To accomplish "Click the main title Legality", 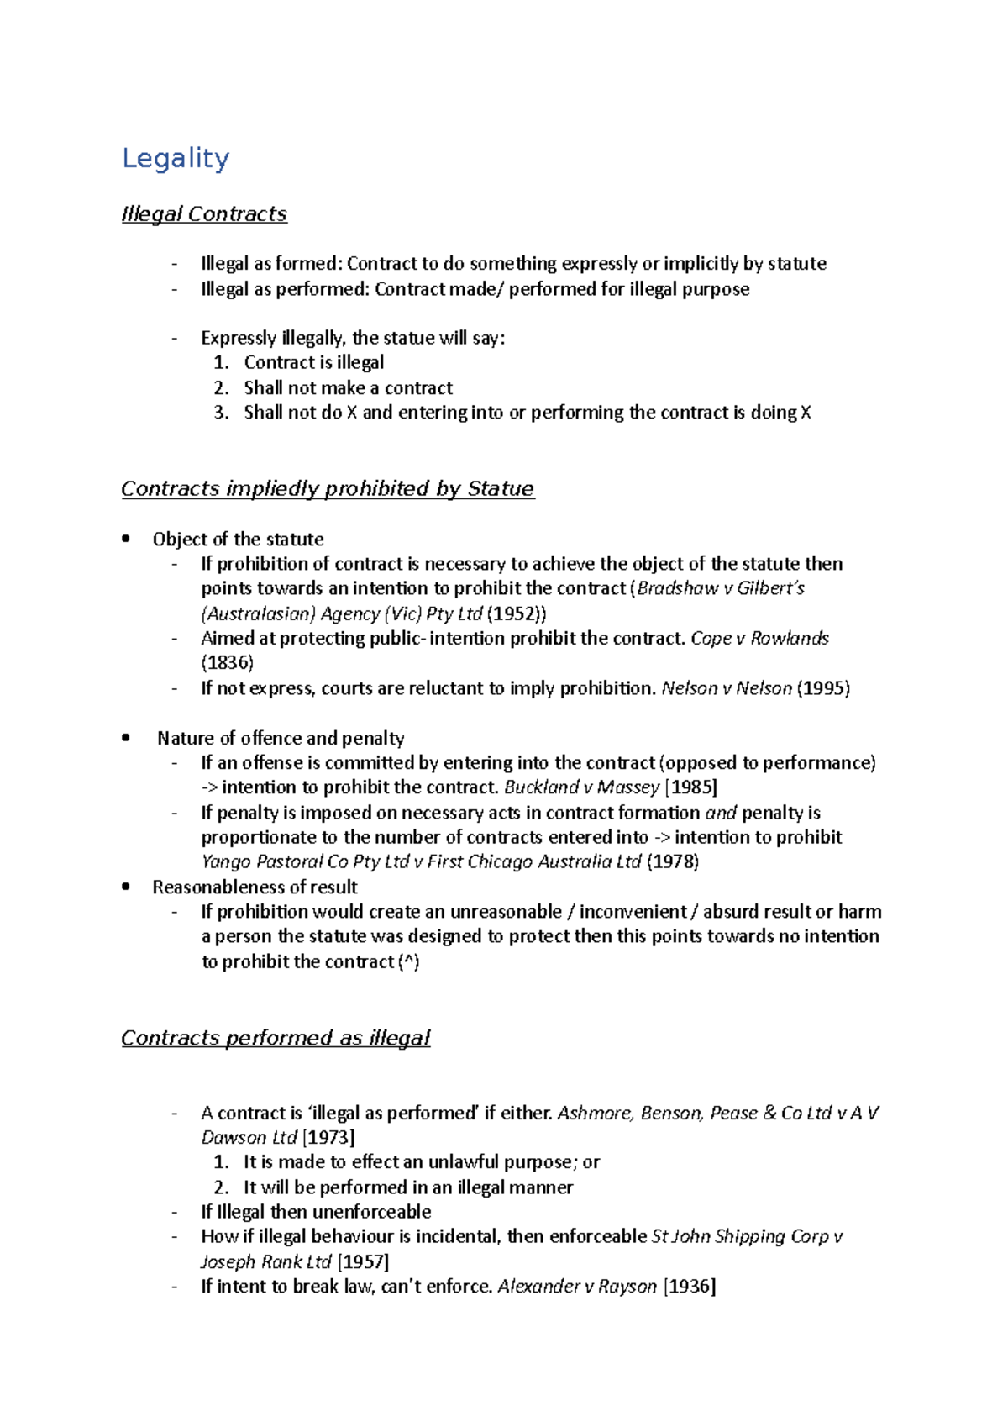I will click(176, 158).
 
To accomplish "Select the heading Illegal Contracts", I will click(204, 214).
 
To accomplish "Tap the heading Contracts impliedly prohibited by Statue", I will click(328, 489).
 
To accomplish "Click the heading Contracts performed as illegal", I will click(276, 1038).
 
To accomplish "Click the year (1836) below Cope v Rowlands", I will click(228, 662).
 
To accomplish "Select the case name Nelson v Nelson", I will click(727, 688).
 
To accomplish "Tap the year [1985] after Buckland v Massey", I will click(690, 787).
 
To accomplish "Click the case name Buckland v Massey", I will click(581, 787).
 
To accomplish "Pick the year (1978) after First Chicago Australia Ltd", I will click(672, 861).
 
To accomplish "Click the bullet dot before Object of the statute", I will click(126, 539).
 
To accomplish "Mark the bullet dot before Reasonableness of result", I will click(126, 887).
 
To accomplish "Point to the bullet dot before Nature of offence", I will click(126, 738).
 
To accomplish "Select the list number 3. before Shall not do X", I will click(221, 413).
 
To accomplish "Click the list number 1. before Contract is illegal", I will click(221, 363).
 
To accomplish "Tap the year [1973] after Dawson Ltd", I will click(328, 1138).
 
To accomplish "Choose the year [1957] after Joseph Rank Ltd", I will click(363, 1262).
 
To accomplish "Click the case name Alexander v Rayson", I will click(577, 1287).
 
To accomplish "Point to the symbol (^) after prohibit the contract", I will click(408, 961).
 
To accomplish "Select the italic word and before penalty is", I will click(721, 813).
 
